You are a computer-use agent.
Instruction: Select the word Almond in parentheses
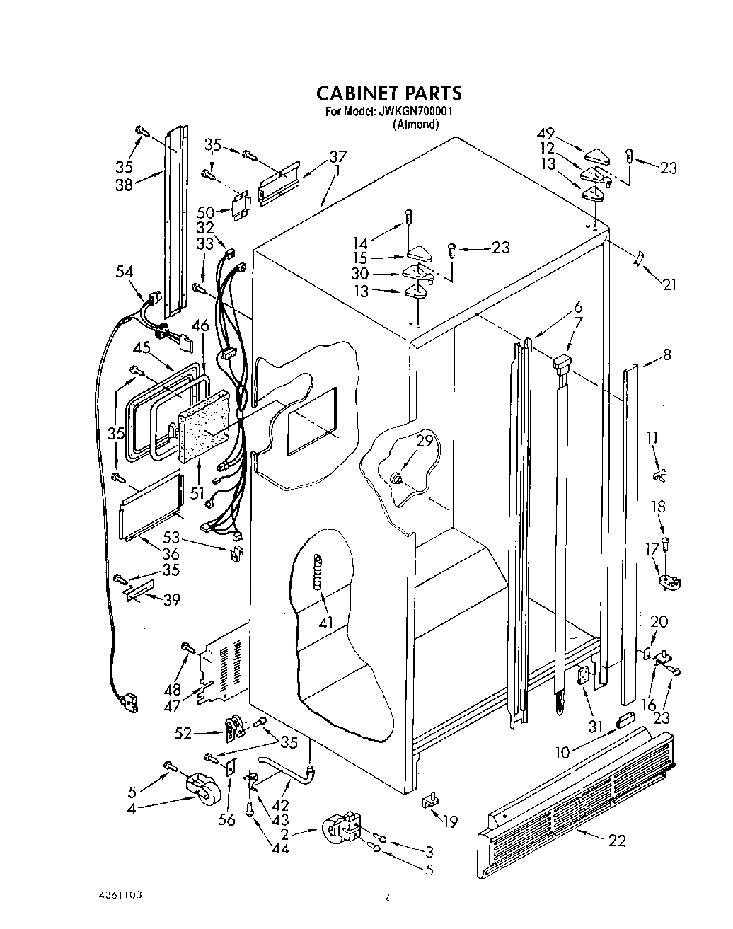click(415, 125)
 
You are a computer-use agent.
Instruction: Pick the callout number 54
click(125, 271)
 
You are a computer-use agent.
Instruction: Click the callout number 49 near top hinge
click(546, 133)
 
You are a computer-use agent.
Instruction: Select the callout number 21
click(669, 284)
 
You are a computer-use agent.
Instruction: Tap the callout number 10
click(562, 753)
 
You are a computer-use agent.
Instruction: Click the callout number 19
click(450, 821)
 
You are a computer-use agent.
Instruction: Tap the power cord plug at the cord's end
click(129, 703)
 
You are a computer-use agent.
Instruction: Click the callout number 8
click(666, 355)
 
